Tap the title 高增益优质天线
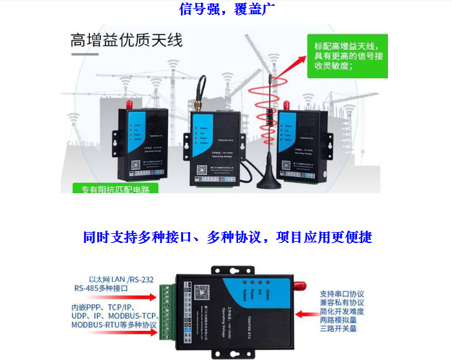126,41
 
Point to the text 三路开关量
338,328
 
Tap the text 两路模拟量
338,319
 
